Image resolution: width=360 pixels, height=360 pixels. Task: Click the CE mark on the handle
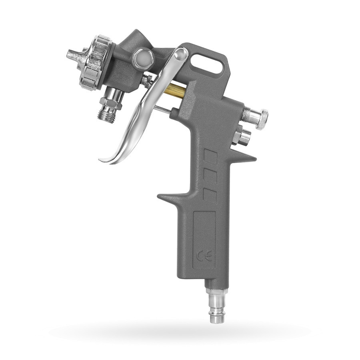[204, 256]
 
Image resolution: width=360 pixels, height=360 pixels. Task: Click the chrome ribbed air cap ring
[94, 62]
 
